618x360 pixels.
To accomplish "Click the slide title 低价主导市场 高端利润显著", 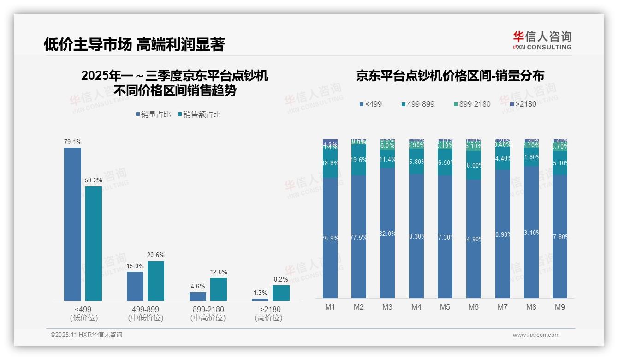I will [134, 45].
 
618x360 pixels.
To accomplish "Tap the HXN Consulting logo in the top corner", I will [542, 40].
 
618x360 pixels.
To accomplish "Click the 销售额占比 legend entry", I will [199, 114].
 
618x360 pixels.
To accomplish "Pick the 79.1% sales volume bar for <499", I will [72, 224].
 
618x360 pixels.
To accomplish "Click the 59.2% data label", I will [94, 180].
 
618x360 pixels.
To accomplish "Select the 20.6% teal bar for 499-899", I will [156, 281].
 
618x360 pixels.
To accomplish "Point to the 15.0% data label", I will [135, 266].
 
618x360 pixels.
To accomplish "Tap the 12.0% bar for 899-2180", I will [219, 289].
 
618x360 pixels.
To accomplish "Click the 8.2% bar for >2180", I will [281, 293].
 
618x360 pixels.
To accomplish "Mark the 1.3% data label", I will [260, 293].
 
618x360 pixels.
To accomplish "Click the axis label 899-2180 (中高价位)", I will [208, 313].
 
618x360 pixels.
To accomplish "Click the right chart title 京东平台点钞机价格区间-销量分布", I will [450, 76].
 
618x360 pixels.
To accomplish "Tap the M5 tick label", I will [445, 307].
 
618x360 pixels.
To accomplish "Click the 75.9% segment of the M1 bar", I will [330, 238].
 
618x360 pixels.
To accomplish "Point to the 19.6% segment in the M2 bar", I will [359, 160].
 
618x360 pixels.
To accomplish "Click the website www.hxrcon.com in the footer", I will [536, 335].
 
